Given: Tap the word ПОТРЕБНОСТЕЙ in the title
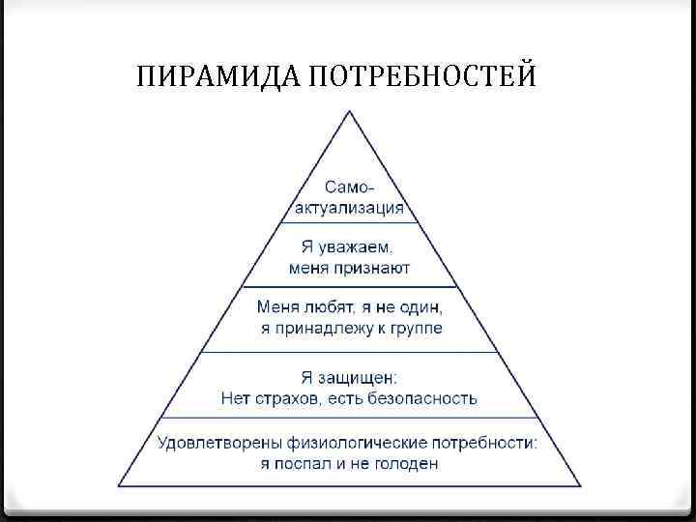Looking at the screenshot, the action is click(421, 74).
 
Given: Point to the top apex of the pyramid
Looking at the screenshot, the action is click(348, 111).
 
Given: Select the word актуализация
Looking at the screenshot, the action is click(349, 207).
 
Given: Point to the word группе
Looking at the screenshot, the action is click(418, 330).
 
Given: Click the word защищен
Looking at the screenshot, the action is click(357, 377).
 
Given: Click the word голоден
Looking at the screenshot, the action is click(409, 464).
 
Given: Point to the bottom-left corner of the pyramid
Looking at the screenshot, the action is click(119, 484).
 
